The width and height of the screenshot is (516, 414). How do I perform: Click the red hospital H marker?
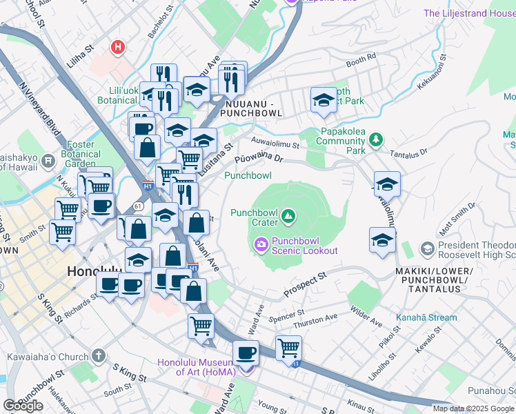point(119,48)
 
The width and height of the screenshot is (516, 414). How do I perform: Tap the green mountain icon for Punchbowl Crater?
point(288,217)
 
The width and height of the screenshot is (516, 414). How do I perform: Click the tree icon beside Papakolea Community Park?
point(375,141)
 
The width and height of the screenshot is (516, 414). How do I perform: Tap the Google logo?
point(23,406)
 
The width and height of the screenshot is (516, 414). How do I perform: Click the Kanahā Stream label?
point(426,318)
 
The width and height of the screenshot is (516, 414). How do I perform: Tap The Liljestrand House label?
point(468,13)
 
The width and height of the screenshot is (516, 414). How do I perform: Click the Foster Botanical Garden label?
point(85,155)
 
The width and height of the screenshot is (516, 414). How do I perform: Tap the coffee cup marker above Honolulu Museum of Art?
point(246,353)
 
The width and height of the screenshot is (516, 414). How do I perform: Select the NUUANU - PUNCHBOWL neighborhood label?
point(252,108)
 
